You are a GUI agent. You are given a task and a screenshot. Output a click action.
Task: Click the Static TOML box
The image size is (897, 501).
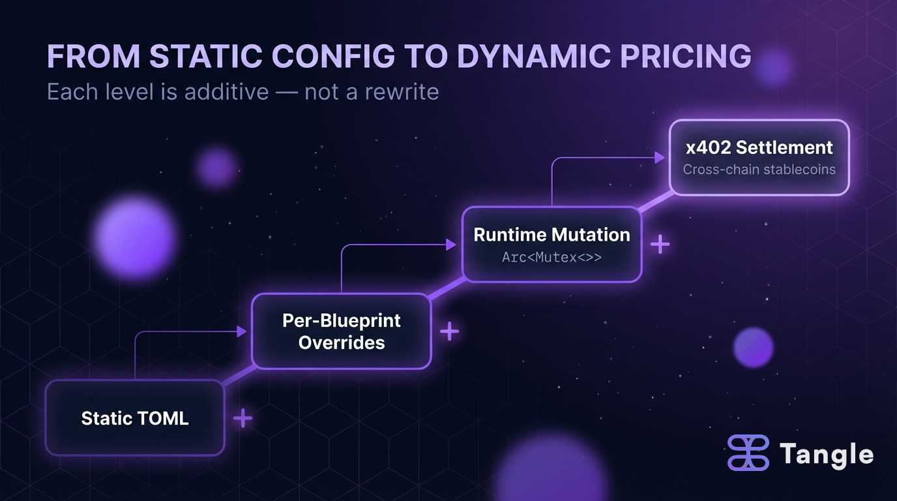(135, 417)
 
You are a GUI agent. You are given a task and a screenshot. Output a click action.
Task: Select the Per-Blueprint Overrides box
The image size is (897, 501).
(342, 331)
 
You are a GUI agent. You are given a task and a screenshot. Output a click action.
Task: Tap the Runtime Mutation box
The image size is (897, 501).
(551, 245)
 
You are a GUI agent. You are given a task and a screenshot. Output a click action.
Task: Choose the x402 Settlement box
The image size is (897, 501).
(759, 157)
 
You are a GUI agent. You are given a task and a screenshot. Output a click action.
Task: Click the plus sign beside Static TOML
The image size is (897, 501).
(243, 418)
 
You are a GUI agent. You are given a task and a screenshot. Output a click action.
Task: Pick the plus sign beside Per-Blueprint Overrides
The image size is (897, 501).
(449, 331)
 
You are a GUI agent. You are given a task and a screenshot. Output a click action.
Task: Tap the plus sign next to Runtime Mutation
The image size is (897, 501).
(660, 245)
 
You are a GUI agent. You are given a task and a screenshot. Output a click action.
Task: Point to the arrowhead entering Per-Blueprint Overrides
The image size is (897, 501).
(242, 332)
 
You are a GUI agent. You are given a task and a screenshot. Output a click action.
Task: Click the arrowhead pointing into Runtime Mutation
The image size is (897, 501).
(450, 245)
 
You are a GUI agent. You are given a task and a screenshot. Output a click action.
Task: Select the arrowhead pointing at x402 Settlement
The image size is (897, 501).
(660, 158)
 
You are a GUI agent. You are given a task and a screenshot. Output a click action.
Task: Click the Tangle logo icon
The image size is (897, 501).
(749, 453)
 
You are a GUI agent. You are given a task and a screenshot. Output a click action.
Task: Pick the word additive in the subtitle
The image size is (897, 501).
(226, 91)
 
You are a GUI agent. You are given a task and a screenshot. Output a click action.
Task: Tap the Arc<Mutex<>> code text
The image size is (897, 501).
(551, 258)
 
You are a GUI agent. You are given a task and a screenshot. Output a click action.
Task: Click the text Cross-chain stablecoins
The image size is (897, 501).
(759, 170)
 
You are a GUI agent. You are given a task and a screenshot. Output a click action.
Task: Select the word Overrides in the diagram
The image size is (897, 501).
(342, 342)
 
